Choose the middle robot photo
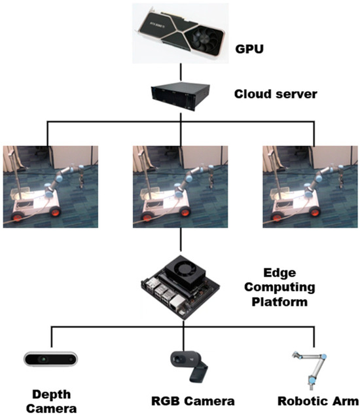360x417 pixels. pos(180,187)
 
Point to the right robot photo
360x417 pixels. pos(310,187)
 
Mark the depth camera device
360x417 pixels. pos(51,357)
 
